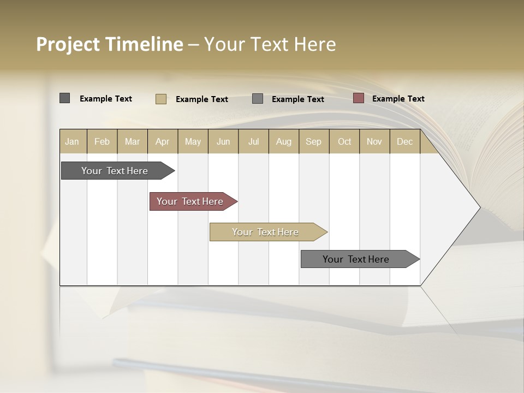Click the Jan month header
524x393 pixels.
pos(73,141)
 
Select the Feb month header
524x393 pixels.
pos(102,141)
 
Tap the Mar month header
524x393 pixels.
pos(132,141)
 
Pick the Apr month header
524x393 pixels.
pos(163,141)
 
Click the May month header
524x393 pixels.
pos(193,141)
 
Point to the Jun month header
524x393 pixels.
pos(223,141)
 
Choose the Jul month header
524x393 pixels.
pos(254,141)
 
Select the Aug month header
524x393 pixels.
pos(284,141)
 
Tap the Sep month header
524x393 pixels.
pos(314,141)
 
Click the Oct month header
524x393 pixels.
pos(344,141)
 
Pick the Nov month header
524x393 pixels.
pos(374,141)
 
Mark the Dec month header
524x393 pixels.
pos(405,141)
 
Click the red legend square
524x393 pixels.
pos(359,98)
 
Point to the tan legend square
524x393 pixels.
pos(161,99)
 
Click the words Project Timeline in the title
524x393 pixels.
pos(110,44)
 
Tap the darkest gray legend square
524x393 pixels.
pos(65,98)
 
